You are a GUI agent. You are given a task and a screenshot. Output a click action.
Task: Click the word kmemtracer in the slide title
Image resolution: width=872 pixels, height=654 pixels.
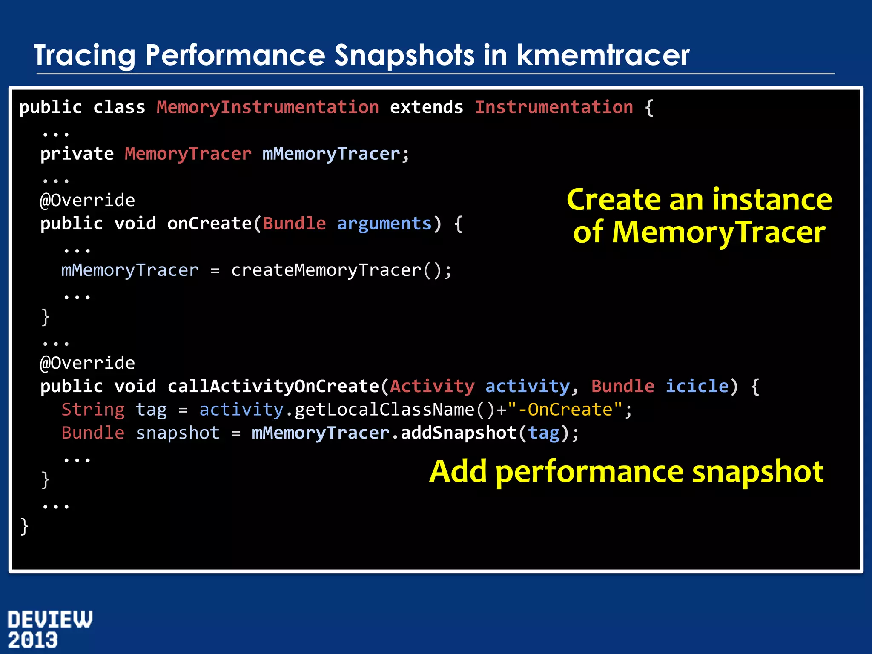coord(603,55)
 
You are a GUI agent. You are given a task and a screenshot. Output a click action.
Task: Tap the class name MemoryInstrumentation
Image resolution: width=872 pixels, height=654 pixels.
coord(267,107)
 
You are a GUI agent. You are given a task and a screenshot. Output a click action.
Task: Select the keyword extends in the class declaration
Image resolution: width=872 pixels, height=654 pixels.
coord(426,107)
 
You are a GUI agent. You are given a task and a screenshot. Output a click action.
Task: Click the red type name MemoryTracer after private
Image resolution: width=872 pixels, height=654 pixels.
coord(188,154)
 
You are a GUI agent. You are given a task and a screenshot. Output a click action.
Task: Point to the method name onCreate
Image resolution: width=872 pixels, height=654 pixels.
coord(209,224)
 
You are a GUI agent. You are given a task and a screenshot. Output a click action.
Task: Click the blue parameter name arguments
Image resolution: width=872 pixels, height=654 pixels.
coord(384,224)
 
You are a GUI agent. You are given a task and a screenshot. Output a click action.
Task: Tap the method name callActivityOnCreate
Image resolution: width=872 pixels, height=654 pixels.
coord(273,386)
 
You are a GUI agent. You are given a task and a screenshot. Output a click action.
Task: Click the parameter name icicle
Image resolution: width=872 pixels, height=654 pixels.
coord(697,386)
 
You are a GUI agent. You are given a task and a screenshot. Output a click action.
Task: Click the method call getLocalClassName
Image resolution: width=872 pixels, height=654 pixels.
coord(384,410)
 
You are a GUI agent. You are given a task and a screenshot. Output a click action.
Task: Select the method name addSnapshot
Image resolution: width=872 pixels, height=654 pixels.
coord(459,433)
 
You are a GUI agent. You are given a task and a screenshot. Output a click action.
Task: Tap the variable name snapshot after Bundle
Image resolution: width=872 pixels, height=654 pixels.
coord(178,433)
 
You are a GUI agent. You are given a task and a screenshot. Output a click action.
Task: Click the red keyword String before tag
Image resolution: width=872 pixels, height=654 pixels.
coord(93,410)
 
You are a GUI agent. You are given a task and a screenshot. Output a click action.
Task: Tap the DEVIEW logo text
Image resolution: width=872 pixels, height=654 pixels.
coord(50,620)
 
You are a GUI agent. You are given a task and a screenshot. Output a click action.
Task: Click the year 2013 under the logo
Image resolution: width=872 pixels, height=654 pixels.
coord(33,640)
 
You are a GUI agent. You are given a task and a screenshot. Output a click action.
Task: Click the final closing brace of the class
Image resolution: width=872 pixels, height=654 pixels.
coord(24,526)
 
